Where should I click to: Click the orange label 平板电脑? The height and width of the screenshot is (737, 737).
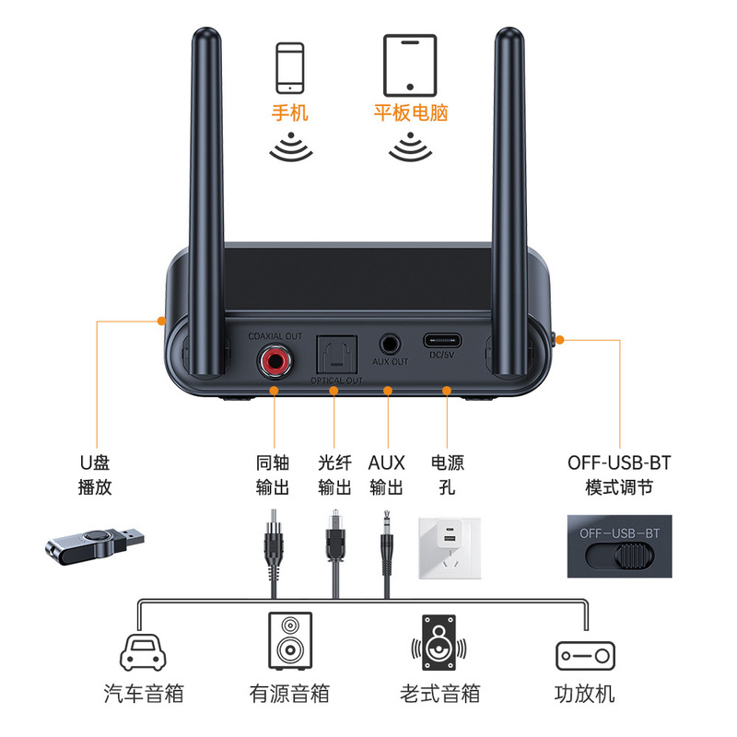tap(410, 113)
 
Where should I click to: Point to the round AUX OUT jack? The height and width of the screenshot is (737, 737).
tap(390, 344)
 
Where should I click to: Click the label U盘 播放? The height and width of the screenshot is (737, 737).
tap(95, 474)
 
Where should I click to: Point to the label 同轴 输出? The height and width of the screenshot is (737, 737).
tap(273, 474)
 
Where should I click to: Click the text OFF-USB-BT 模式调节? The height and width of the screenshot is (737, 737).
tap(619, 474)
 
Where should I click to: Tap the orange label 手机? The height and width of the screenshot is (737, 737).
tap(289, 113)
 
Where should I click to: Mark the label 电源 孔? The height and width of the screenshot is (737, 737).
tap(447, 474)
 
